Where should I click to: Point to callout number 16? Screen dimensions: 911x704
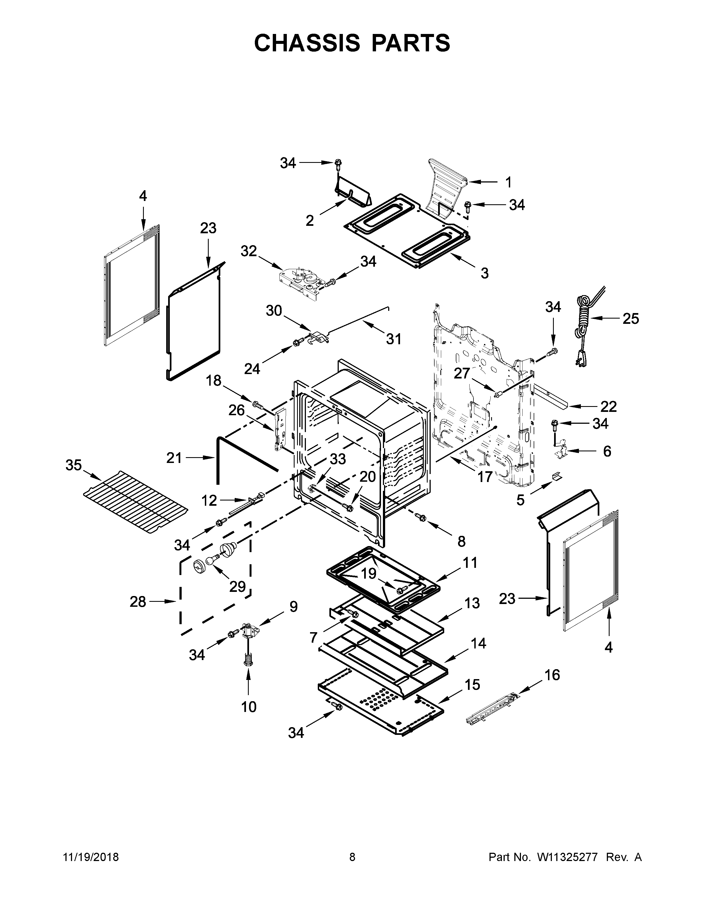coord(552,675)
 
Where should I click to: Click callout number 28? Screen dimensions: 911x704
coord(138,602)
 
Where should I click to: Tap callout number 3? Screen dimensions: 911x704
coord(484,273)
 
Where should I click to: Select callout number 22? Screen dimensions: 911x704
coord(608,406)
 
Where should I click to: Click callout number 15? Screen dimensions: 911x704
coord(472,685)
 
